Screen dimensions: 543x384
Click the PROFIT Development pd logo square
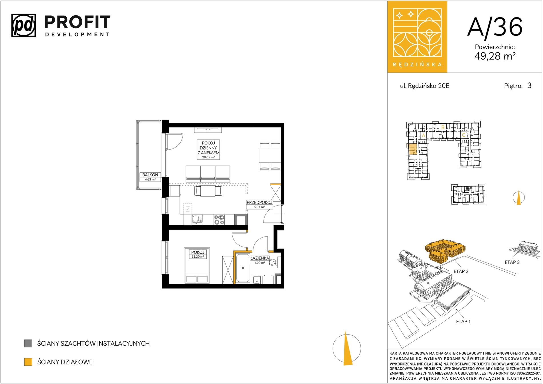tap(24, 25)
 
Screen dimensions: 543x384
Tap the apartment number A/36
tap(495, 27)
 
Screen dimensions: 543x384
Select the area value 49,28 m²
tap(495, 56)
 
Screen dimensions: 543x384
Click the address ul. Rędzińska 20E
tap(424, 86)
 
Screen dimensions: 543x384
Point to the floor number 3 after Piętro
tap(529, 85)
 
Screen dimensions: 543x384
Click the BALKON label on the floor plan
tap(150, 175)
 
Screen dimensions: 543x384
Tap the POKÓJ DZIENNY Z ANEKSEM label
tap(208, 148)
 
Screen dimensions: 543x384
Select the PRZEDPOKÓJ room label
tap(259, 202)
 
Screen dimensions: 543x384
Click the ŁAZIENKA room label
tap(259, 258)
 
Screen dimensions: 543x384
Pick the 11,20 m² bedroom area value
tap(198, 256)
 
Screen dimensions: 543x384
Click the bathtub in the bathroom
tap(243, 268)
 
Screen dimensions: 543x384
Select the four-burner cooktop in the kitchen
tap(219, 220)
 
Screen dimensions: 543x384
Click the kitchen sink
tap(197, 220)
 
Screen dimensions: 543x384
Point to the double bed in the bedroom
tap(197, 266)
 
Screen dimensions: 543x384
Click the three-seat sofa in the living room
tap(208, 174)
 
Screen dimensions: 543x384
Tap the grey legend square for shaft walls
tap(28, 343)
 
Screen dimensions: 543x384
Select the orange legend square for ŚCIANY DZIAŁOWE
tap(28, 362)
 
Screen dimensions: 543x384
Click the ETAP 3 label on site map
tap(512, 262)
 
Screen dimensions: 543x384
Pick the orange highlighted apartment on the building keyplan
tap(412, 149)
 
